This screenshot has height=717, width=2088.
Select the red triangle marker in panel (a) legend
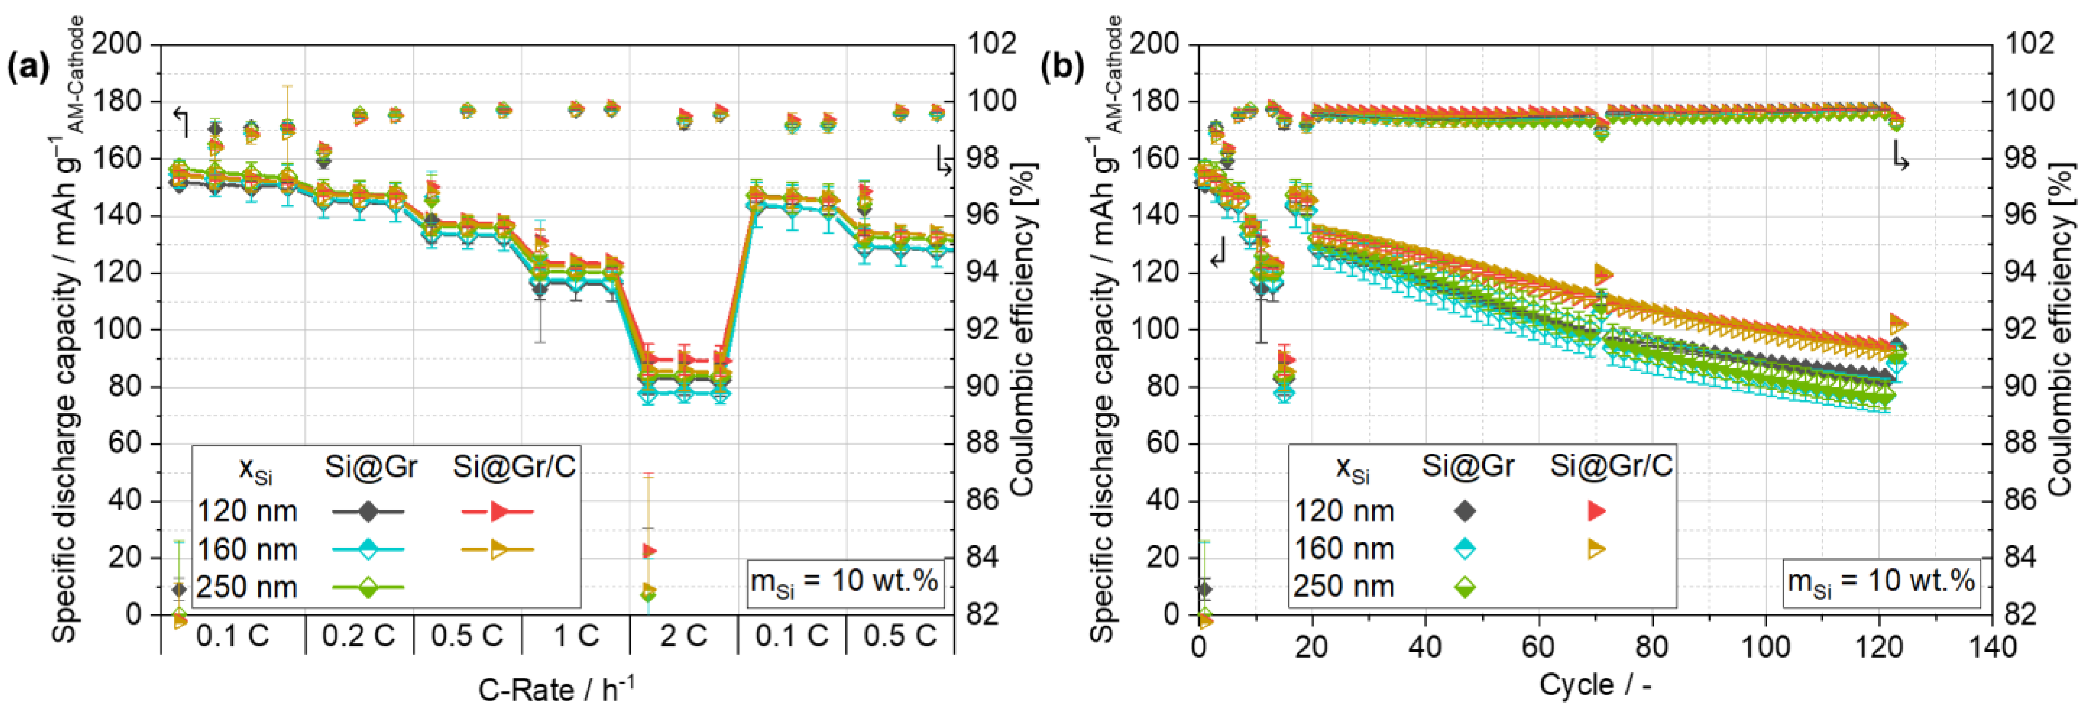point(498,511)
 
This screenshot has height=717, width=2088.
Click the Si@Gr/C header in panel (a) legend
point(514,467)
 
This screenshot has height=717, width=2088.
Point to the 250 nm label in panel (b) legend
point(1344,586)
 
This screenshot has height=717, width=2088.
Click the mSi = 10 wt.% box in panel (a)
point(844,582)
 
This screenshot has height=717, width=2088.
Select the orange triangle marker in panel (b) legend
point(1596,548)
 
